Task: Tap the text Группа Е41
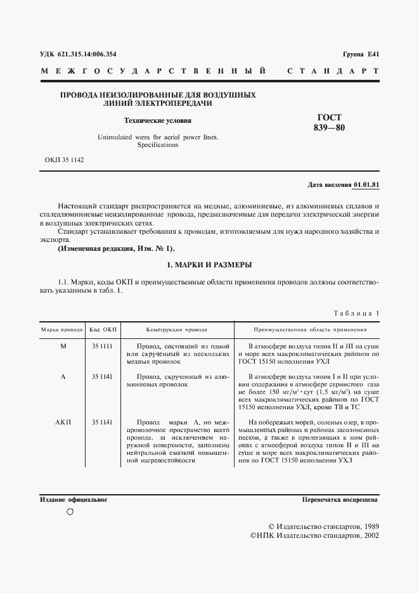click(x=360, y=54)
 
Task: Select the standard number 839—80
click(x=329, y=128)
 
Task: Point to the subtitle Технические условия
click(x=157, y=120)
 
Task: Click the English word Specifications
click(x=158, y=145)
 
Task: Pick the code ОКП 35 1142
click(x=64, y=160)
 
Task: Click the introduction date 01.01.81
click(x=366, y=185)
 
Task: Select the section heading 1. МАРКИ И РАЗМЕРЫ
click(x=209, y=264)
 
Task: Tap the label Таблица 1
click(x=356, y=314)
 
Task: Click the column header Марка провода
click(x=62, y=330)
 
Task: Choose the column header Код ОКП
click(x=102, y=330)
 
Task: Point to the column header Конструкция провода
click(x=176, y=330)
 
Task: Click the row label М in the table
click(x=63, y=347)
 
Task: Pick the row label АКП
click(x=63, y=423)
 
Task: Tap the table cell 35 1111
click(x=102, y=347)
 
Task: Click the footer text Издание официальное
click(x=74, y=500)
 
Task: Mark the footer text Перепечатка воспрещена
click(x=340, y=500)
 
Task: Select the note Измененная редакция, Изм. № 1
click(x=115, y=248)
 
